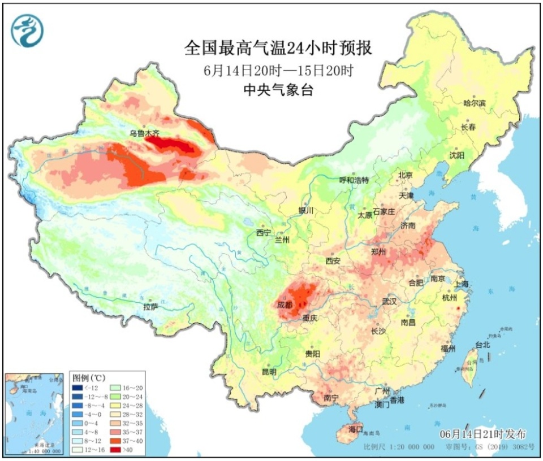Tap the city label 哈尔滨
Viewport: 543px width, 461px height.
(x=475, y=104)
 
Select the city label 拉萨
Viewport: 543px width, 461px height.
(x=150, y=307)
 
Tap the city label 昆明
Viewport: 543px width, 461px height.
(x=269, y=372)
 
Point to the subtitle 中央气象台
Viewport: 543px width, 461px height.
(x=278, y=90)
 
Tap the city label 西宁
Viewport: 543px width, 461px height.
(x=264, y=233)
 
